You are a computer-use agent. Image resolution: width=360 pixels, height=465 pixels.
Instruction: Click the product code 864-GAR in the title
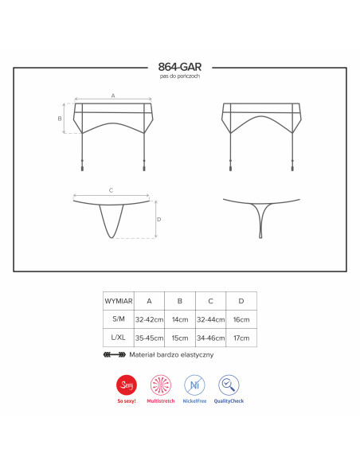pos(180,67)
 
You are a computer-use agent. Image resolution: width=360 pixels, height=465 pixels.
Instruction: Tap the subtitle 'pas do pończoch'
pos(180,76)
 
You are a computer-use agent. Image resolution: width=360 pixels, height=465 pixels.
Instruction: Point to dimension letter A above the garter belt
pos(113,96)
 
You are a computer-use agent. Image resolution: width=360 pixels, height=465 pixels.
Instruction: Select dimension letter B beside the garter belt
pos(60,119)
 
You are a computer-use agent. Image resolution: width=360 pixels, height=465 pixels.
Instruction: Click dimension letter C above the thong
pos(111,190)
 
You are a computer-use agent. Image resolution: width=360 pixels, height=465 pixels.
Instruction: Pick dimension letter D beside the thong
pos(159,220)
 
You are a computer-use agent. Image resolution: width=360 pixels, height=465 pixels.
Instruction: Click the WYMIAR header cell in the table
pos(119,301)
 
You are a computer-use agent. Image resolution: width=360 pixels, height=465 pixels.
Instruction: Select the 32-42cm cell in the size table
pos(149,320)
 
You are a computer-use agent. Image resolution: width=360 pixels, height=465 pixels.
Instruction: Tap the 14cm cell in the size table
pos(180,320)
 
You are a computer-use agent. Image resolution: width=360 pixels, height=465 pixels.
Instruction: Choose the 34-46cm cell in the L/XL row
pos(211,338)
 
